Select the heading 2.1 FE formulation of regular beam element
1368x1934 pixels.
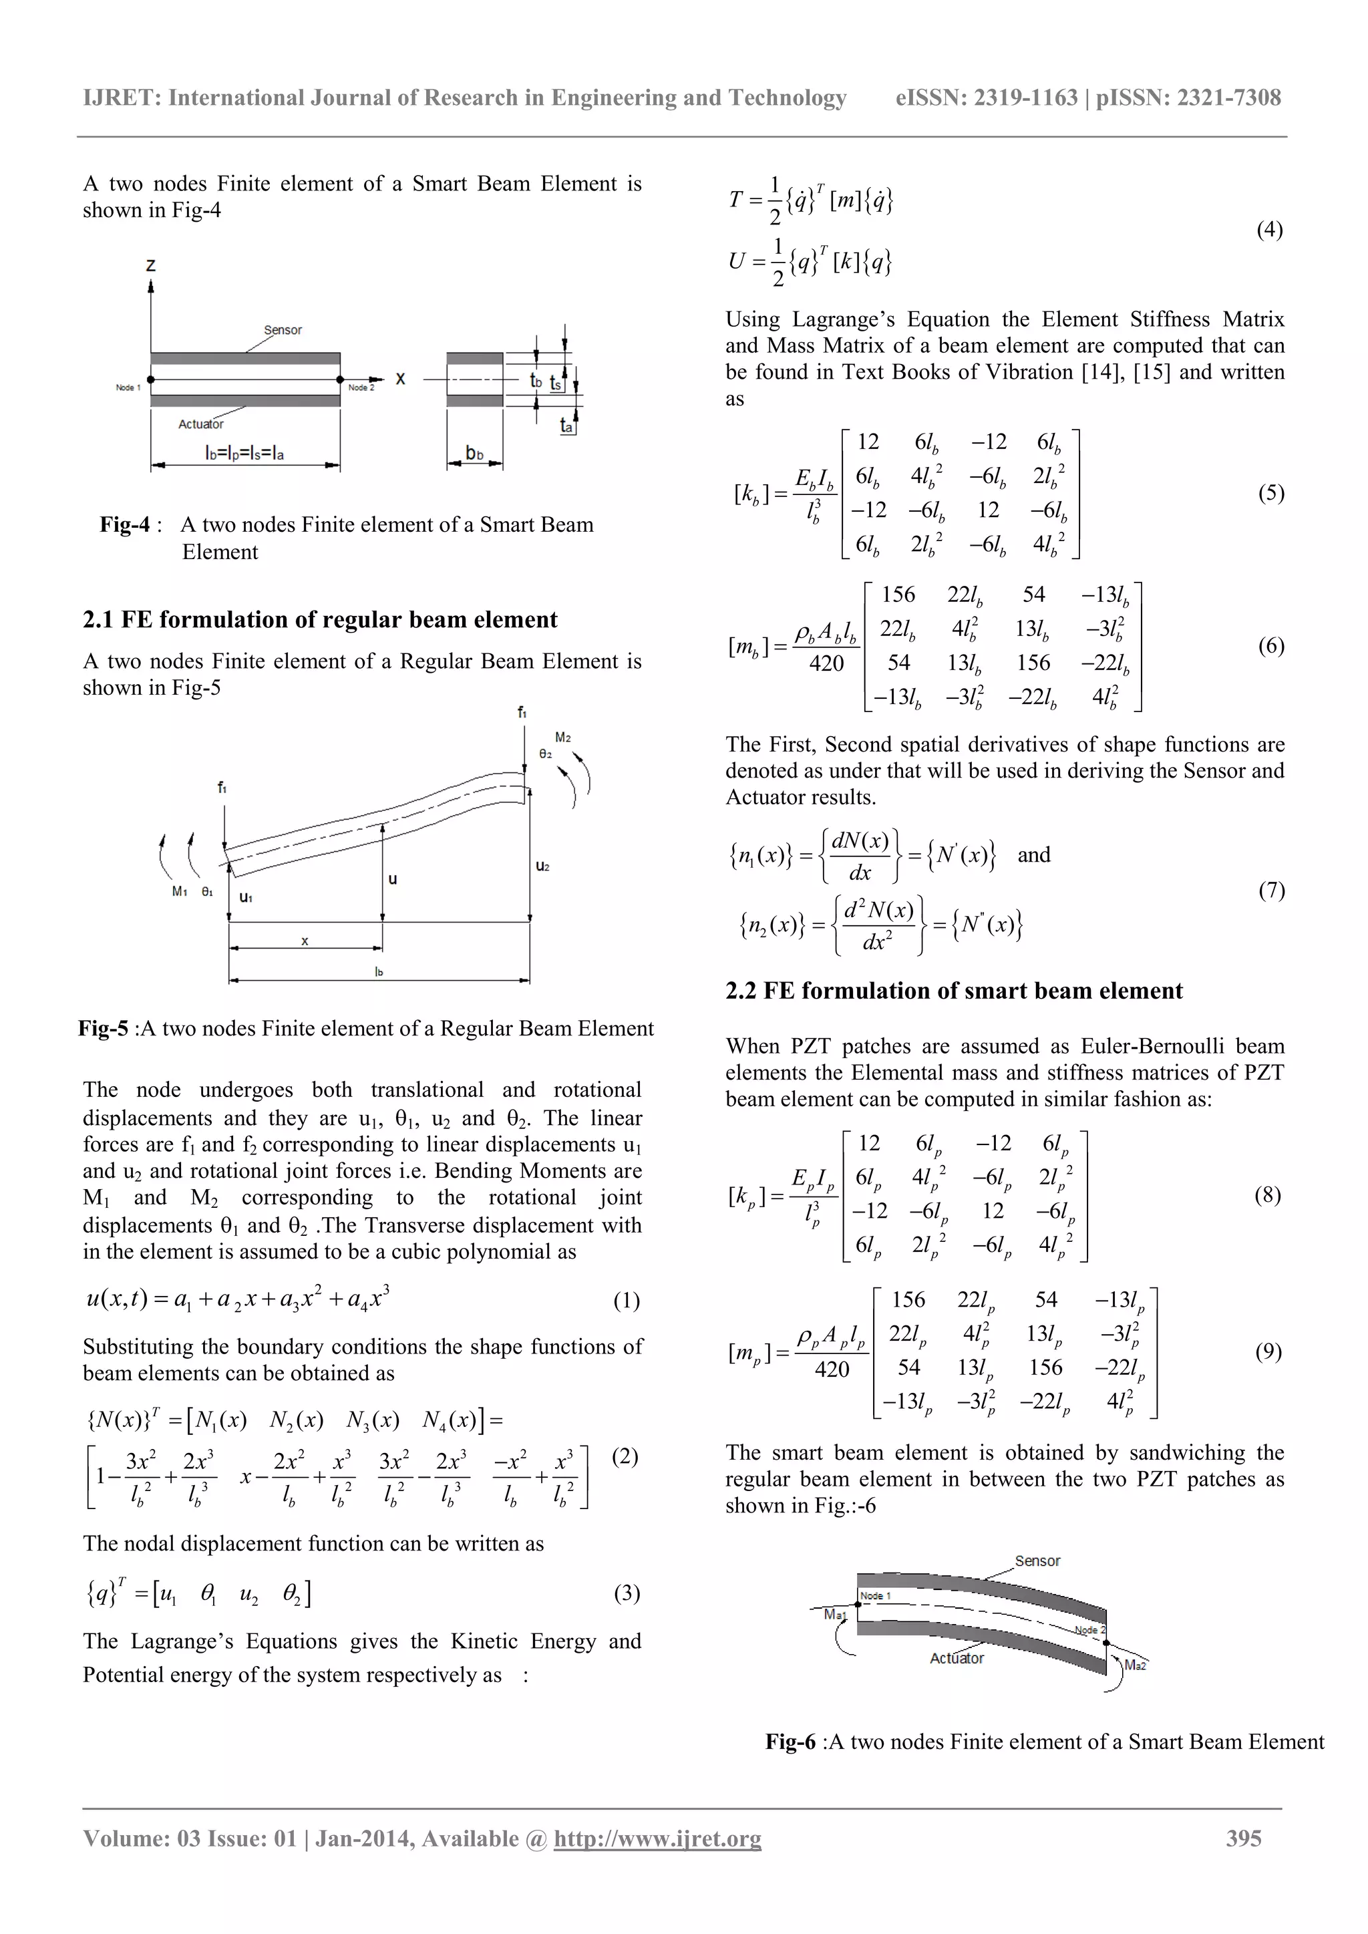click(x=319, y=620)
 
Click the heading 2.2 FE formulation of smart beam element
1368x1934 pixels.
click(x=954, y=991)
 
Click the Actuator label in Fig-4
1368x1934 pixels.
click(x=200, y=424)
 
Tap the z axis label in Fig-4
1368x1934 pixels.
click(x=151, y=265)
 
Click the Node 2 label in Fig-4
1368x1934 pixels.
click(x=361, y=387)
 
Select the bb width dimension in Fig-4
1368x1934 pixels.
click(x=475, y=453)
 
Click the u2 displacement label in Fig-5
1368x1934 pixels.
click(x=542, y=866)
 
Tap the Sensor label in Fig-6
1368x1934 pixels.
click(x=1037, y=1561)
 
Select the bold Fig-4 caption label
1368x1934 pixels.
click(x=125, y=525)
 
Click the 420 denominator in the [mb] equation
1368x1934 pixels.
click(x=826, y=664)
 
